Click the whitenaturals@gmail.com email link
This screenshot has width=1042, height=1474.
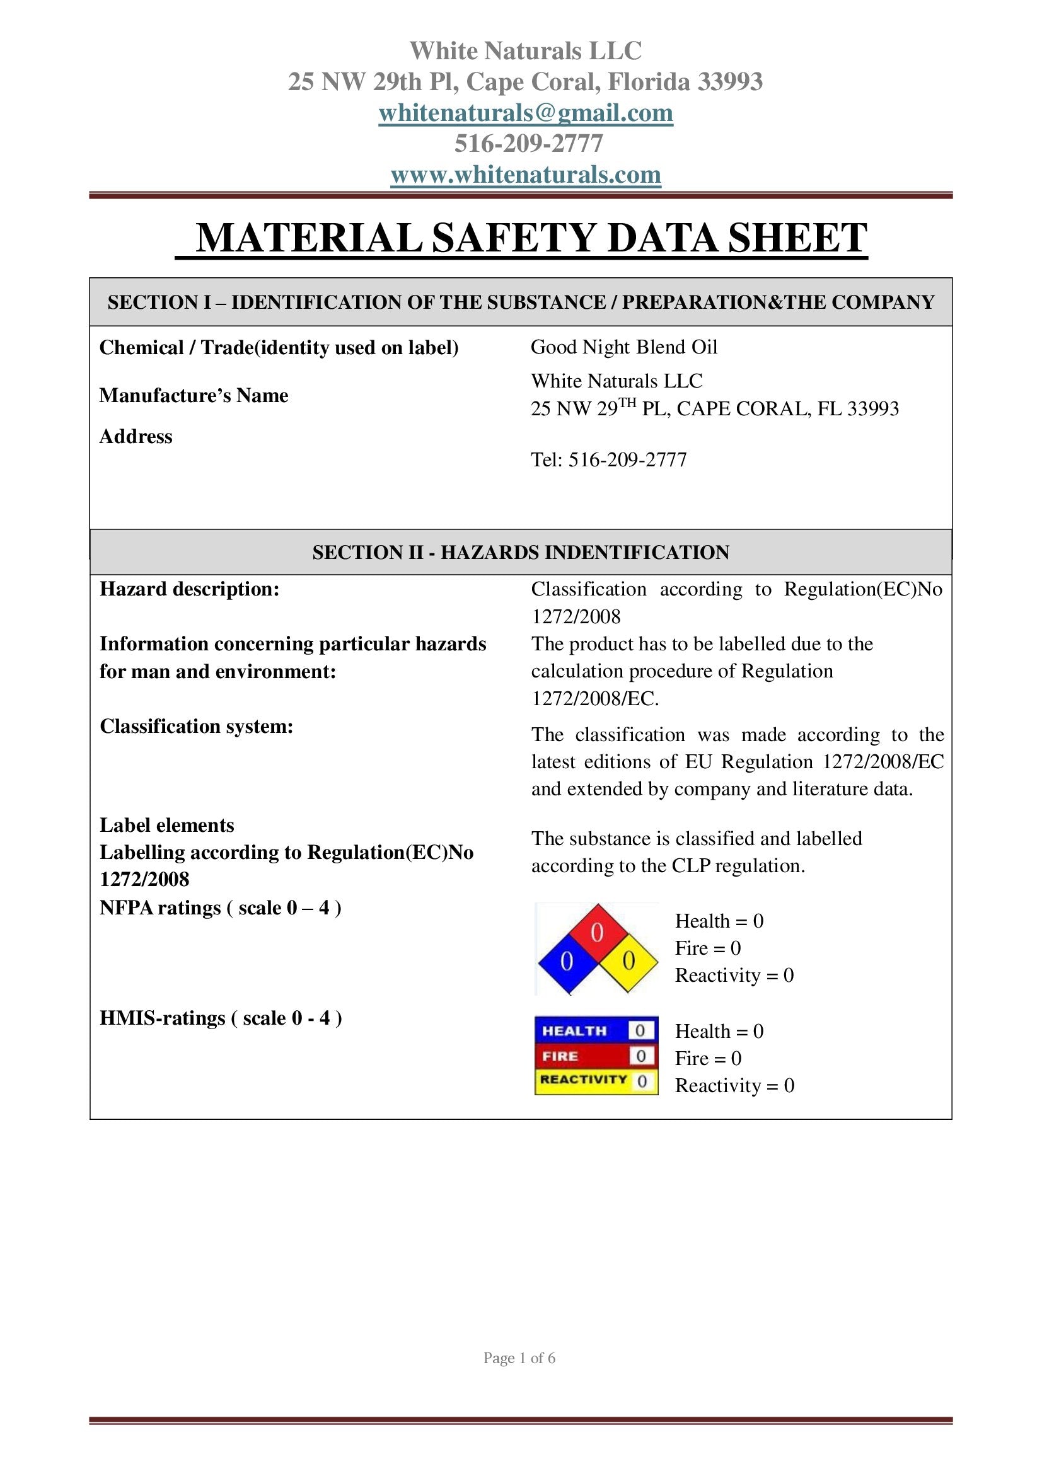click(x=525, y=113)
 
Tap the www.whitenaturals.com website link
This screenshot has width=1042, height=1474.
click(x=525, y=175)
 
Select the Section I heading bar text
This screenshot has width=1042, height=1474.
click(x=521, y=302)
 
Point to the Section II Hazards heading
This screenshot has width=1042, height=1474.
click(x=521, y=552)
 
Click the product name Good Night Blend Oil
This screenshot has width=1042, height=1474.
click(x=623, y=347)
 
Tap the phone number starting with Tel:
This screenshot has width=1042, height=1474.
click(x=608, y=459)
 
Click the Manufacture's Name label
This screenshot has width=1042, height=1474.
click(x=194, y=396)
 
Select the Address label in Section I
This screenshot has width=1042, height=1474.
click(x=136, y=437)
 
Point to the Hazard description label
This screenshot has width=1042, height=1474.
click(x=189, y=589)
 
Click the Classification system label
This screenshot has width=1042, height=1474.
click(x=197, y=726)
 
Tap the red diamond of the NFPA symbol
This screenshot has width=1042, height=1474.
click(x=597, y=933)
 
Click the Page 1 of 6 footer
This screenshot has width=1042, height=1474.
click(x=519, y=1358)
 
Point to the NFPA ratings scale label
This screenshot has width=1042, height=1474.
click(x=220, y=907)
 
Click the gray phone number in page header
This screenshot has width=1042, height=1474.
click(x=528, y=144)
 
